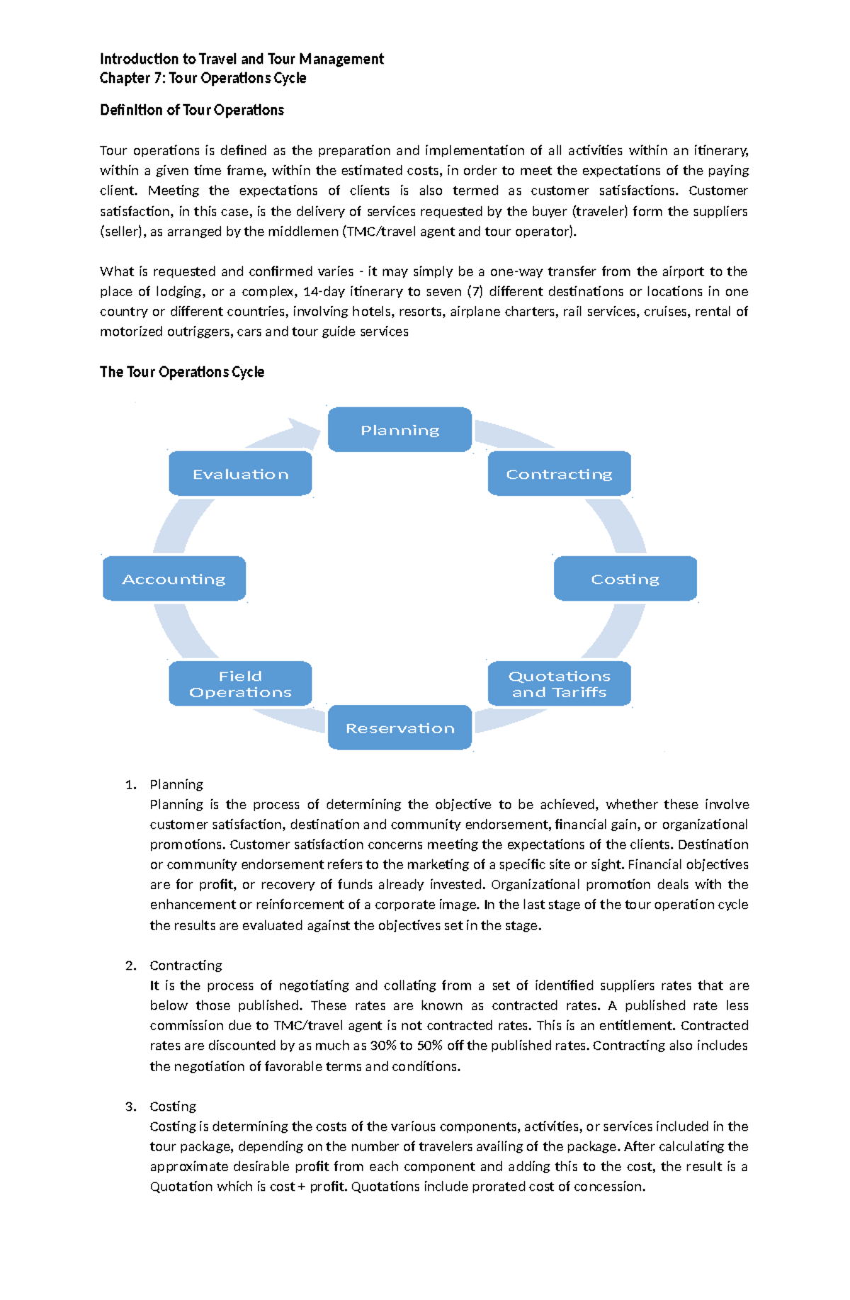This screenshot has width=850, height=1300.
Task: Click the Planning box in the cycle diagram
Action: (x=399, y=430)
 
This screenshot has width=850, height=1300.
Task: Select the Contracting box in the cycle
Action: (x=559, y=474)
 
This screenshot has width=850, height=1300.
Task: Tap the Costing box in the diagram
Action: (x=625, y=579)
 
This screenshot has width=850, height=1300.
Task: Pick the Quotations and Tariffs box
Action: (x=559, y=684)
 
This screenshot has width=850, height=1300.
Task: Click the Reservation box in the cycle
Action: (x=399, y=728)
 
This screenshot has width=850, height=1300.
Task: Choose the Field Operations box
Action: (x=240, y=684)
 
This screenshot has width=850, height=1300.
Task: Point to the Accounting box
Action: (x=174, y=579)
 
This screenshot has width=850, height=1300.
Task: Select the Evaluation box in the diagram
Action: (x=240, y=474)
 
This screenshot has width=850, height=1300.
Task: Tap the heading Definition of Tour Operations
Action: (x=191, y=110)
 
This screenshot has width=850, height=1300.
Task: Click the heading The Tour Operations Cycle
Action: (x=181, y=372)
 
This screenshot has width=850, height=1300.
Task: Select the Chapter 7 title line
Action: (x=203, y=78)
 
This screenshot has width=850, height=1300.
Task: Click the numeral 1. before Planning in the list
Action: (x=130, y=784)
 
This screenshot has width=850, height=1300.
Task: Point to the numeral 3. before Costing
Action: (x=130, y=1107)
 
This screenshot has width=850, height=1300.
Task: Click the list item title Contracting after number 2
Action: (x=186, y=966)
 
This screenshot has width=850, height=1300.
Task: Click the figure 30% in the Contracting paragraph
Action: (x=383, y=1046)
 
